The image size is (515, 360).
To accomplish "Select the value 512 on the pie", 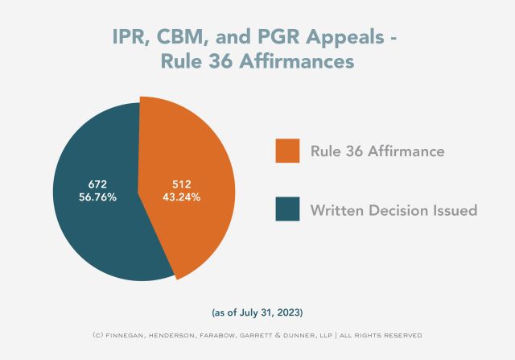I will tap(181, 183).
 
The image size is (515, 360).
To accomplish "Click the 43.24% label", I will tap(181, 196).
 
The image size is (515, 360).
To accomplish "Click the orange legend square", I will tap(286, 151).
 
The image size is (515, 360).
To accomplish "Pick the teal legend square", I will tap(286, 209).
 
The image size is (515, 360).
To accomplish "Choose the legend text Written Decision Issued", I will tap(393, 210).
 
